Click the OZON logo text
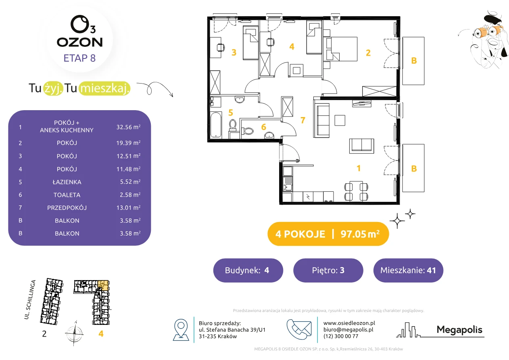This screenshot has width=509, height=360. coord(79,42)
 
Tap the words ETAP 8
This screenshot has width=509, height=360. coord(79,58)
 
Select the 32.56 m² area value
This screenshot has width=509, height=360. coord(128,127)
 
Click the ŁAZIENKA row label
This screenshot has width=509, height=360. coord(67,182)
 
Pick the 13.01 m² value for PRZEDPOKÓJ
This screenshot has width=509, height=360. coord(128,207)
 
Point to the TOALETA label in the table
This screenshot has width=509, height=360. coord(67,195)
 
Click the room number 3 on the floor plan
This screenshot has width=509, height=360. coord(234,52)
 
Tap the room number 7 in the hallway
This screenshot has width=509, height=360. coord(302,120)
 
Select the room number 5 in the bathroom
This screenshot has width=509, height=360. coord(231,112)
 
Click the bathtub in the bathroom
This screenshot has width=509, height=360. coord(216,125)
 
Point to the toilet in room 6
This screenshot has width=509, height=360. coord(248,131)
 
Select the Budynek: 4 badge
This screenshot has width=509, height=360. coord(248,270)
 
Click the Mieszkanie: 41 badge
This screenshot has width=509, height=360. coord(408,270)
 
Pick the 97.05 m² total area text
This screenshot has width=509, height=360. coord(360,234)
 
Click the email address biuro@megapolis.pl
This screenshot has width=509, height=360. coord(348,329)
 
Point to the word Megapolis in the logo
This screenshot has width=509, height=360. coord(459,329)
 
